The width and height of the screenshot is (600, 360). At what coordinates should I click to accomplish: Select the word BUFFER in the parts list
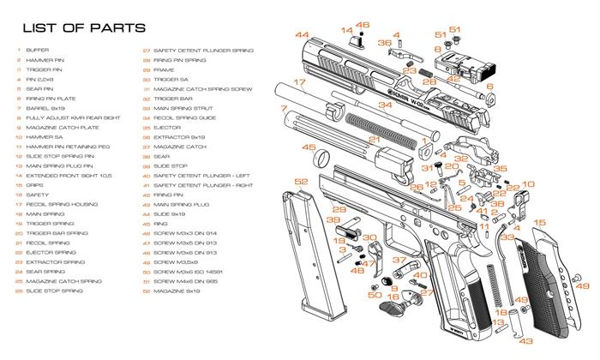click(x=37, y=51)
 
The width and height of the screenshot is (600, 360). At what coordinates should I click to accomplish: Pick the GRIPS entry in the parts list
click(x=35, y=184)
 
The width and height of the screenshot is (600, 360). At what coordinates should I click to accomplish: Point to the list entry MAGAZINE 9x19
click(x=175, y=291)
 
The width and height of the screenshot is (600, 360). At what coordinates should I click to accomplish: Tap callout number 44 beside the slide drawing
click(x=302, y=35)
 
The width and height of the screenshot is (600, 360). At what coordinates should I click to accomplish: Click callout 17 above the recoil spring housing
click(x=299, y=83)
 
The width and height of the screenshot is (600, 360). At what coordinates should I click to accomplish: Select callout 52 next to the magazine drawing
click(x=301, y=183)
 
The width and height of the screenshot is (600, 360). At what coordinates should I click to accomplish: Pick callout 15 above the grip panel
click(x=540, y=225)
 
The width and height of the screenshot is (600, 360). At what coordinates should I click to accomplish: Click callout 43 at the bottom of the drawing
click(x=525, y=341)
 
